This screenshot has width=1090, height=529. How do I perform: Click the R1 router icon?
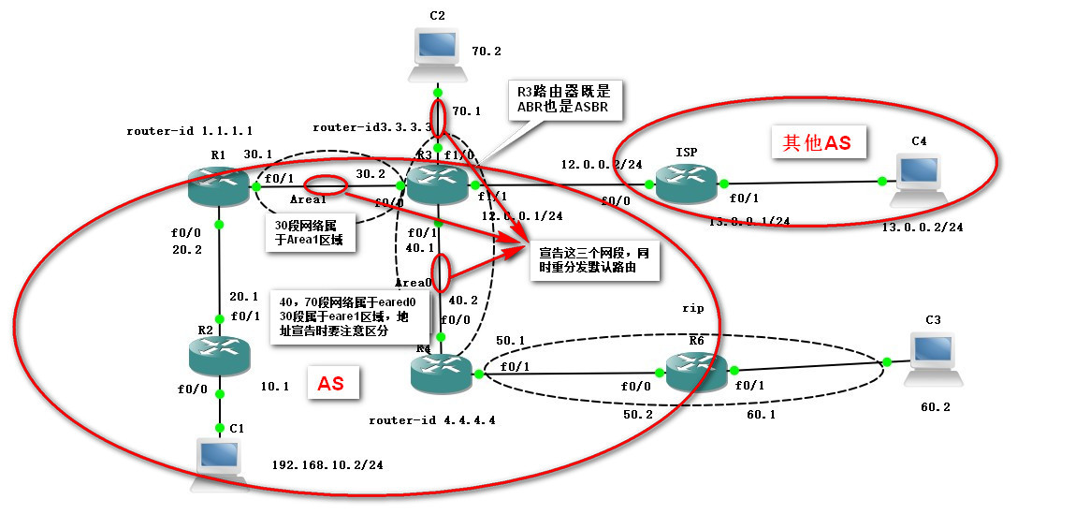click(x=218, y=187)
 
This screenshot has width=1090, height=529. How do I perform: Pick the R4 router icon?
click(x=441, y=372)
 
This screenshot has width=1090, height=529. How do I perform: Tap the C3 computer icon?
click(x=933, y=357)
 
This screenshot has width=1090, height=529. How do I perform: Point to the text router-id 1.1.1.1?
click(x=189, y=131)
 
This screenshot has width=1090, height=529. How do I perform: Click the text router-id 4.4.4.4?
click(x=431, y=420)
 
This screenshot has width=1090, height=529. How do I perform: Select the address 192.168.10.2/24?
click(x=327, y=464)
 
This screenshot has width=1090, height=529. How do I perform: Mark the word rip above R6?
click(x=691, y=307)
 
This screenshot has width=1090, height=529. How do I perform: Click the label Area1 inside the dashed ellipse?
click(x=308, y=199)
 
